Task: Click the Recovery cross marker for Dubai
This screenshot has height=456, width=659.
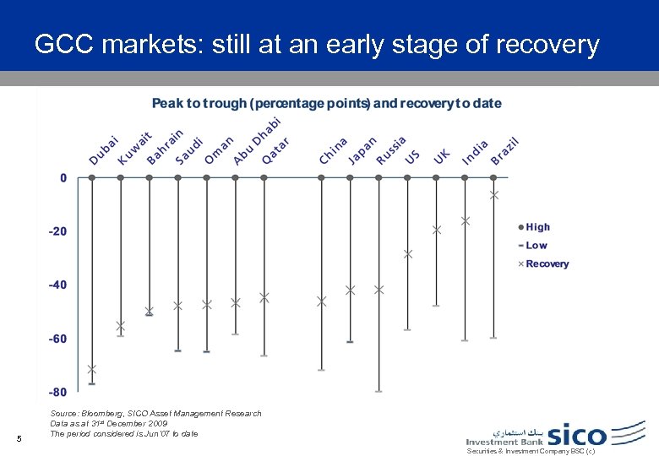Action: [x=91, y=369]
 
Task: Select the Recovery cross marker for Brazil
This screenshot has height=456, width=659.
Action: [x=494, y=195]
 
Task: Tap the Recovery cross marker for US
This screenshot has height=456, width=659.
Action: [x=408, y=253]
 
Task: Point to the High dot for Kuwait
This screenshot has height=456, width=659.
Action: [x=120, y=178]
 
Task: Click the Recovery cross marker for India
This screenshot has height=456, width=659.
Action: [x=466, y=220]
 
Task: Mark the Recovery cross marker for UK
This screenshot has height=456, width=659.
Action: [x=437, y=230]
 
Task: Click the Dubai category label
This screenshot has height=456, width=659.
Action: [x=104, y=149]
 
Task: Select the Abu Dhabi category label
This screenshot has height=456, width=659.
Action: [x=258, y=140]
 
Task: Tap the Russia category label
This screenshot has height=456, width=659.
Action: [x=390, y=149]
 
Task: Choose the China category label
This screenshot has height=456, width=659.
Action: [x=333, y=151]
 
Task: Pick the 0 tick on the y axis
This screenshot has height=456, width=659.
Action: [x=63, y=178]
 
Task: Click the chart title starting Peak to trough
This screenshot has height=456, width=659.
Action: [x=326, y=103]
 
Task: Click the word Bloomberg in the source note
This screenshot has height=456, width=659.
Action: [x=103, y=414]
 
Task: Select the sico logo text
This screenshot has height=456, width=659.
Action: [x=577, y=435]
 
